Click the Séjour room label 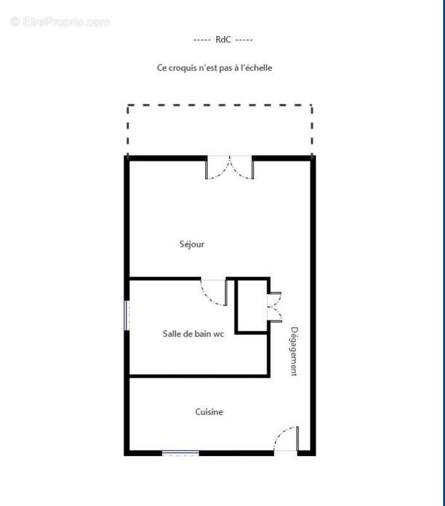[x=192, y=244]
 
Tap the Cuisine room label [x=209, y=412]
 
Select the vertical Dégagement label [x=294, y=351]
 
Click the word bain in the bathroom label [x=203, y=333]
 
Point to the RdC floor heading [x=223, y=39]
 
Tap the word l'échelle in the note [x=255, y=67]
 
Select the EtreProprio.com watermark [x=61, y=22]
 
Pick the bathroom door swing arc [x=214, y=293]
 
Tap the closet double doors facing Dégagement [x=275, y=307]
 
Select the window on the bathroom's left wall [x=126, y=314]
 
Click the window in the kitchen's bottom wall [x=180, y=453]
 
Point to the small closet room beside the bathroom [x=252, y=305]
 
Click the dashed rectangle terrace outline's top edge [x=219, y=106]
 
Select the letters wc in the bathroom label [x=219, y=333]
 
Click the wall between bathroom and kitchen [x=199, y=376]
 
